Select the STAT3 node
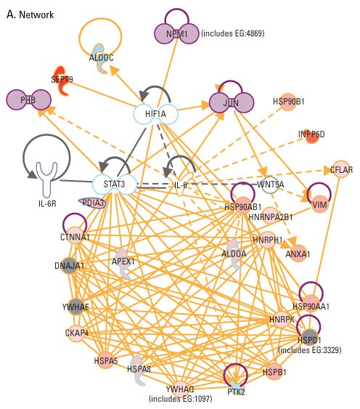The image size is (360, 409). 114,185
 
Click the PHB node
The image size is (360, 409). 29,100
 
